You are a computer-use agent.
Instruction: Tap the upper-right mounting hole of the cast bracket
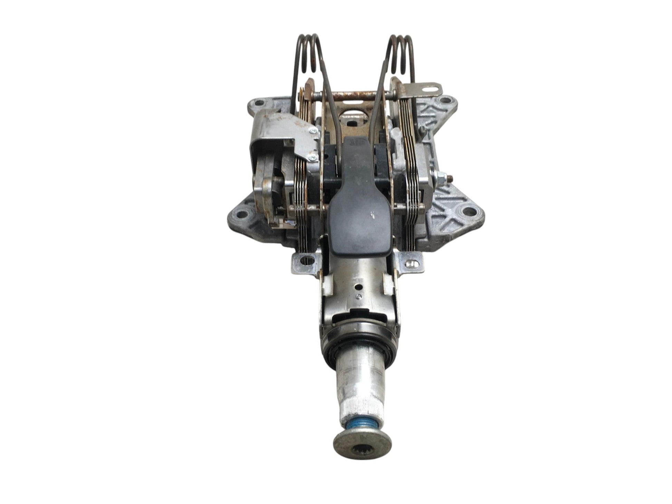442,101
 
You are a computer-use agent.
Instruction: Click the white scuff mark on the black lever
372,214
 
